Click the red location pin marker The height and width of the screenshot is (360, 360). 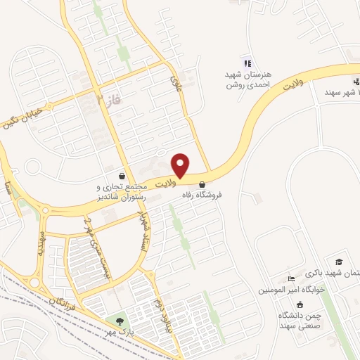pyautogui.click(x=181, y=165)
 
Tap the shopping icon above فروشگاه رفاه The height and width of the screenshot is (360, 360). pyautogui.click(x=202, y=184)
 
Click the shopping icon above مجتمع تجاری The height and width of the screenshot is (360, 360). pyautogui.click(x=123, y=176)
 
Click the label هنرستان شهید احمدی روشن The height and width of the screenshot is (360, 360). pyautogui.click(x=247, y=79)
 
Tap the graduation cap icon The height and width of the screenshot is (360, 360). pyautogui.click(x=339, y=262)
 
